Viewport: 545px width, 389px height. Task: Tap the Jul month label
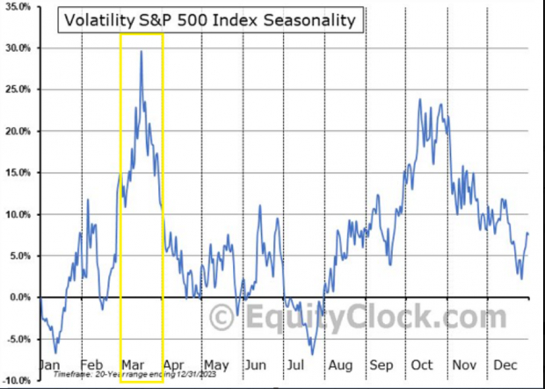pyautogui.click(x=295, y=364)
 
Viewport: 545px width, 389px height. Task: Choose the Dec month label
pyautogui.click(x=504, y=364)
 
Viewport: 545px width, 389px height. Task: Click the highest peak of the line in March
pyautogui.click(x=142, y=51)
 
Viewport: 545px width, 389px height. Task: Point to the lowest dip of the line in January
pyautogui.click(x=56, y=353)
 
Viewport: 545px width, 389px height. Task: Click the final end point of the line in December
pyautogui.click(x=528, y=234)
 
